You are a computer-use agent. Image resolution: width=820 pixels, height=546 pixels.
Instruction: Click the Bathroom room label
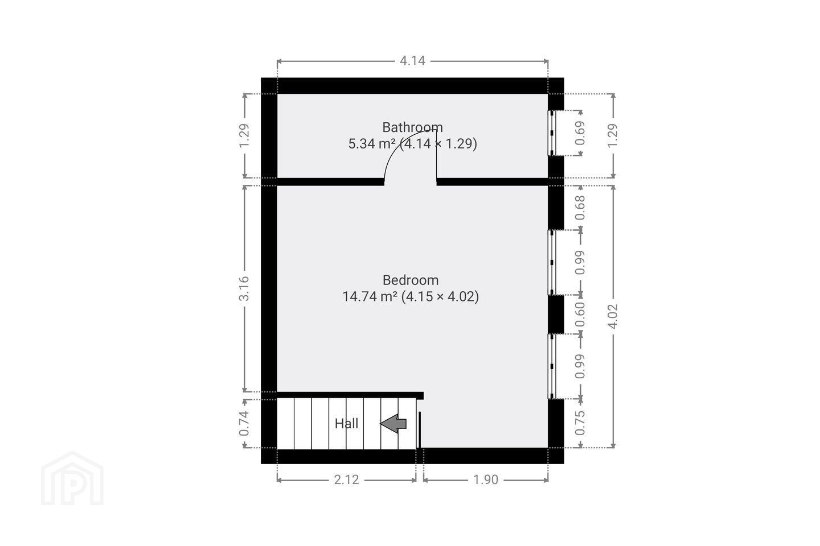(x=412, y=127)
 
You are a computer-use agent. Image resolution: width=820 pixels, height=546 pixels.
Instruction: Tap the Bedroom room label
(x=411, y=280)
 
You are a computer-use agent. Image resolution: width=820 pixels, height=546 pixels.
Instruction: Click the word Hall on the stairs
(x=346, y=424)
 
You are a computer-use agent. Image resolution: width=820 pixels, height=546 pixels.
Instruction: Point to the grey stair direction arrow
(x=393, y=424)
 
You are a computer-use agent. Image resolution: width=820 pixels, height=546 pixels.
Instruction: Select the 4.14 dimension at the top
(x=412, y=61)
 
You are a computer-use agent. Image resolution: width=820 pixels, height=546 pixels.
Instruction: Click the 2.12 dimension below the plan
(x=346, y=479)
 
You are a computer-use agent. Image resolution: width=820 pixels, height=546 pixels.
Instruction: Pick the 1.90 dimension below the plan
(x=486, y=479)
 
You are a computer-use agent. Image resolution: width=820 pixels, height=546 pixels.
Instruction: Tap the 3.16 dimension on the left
(x=244, y=288)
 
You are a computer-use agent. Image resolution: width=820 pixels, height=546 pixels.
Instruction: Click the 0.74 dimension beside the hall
(x=244, y=424)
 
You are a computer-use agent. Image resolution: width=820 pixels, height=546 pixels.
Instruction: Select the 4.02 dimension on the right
(x=613, y=316)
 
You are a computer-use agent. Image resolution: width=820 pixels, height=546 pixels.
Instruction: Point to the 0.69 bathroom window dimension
(x=580, y=133)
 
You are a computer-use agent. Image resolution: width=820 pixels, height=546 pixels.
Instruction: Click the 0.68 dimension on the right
(x=580, y=208)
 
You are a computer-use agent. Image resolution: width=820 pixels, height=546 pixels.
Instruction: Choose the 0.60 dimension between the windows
(x=580, y=315)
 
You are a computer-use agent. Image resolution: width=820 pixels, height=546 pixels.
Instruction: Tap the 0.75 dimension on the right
(x=580, y=423)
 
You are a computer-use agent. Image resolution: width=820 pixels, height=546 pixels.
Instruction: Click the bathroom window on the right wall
(x=552, y=133)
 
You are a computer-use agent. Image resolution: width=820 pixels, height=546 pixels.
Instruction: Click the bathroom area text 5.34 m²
(x=373, y=143)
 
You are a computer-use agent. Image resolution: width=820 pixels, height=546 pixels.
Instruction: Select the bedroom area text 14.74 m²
(x=370, y=296)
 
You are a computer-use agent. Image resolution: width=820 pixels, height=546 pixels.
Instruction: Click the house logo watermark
(x=72, y=478)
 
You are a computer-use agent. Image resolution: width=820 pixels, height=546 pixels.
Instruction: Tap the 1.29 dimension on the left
(x=244, y=136)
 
